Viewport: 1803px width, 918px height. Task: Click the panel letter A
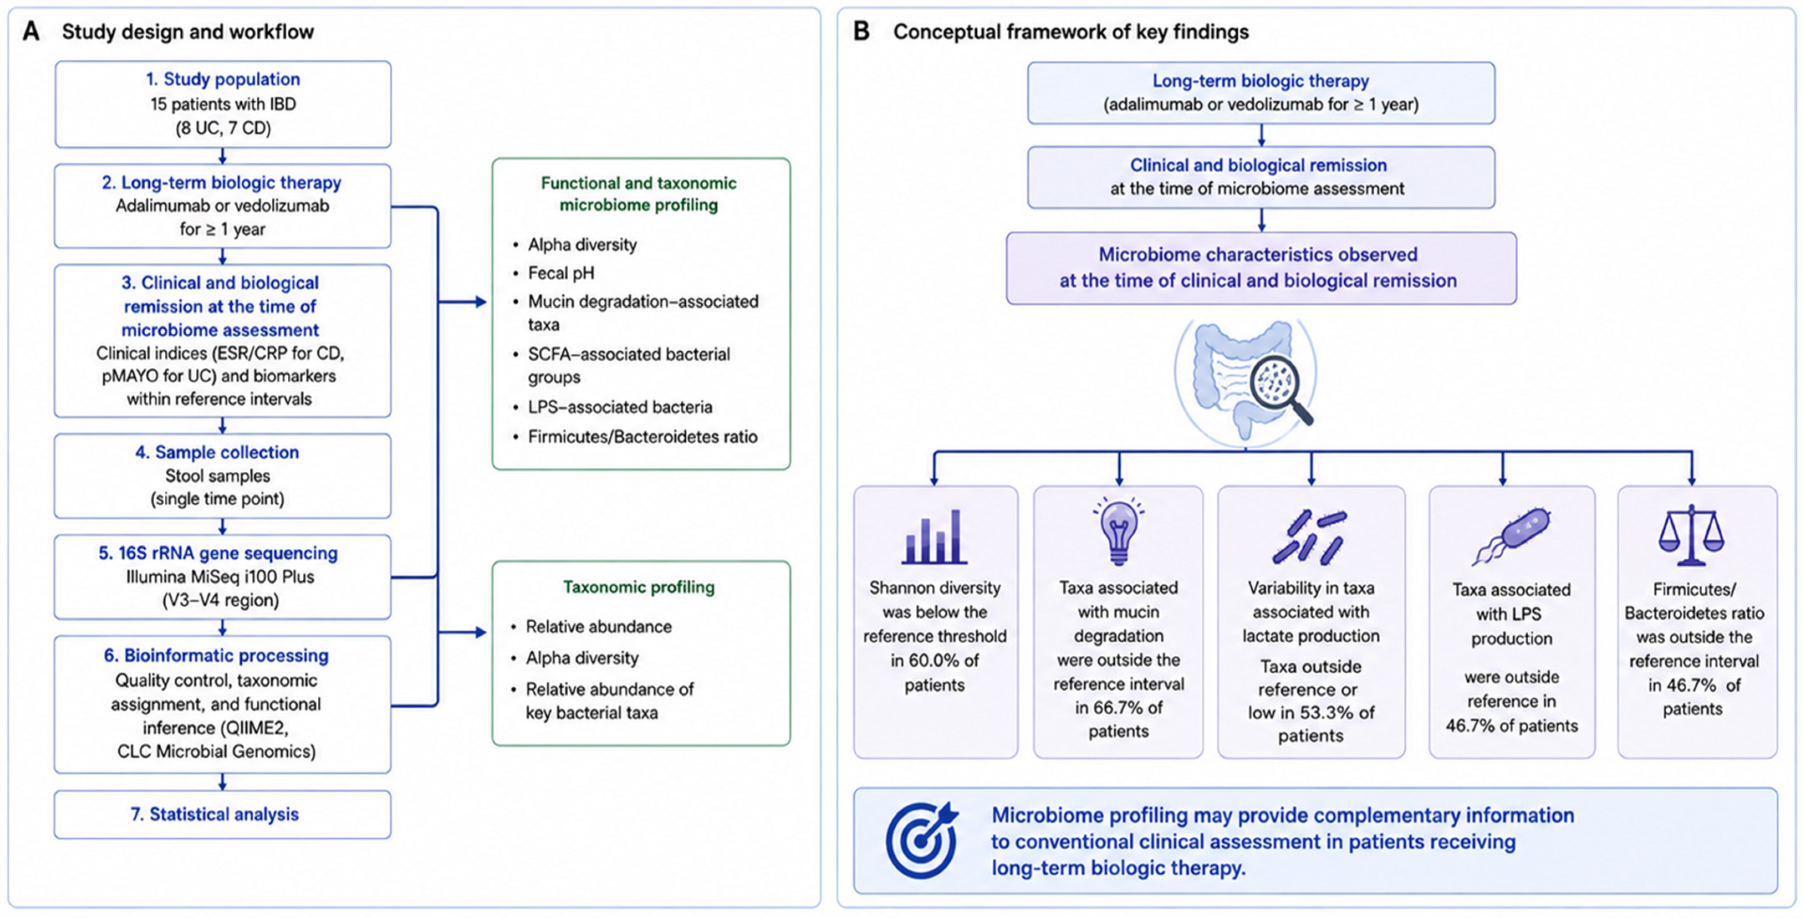(31, 31)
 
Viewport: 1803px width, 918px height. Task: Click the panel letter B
(861, 31)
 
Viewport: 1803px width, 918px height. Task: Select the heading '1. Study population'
(222, 79)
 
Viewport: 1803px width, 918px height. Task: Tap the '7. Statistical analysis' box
(222, 814)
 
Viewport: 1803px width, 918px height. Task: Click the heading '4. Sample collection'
(217, 453)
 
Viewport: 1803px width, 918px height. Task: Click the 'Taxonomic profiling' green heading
(639, 587)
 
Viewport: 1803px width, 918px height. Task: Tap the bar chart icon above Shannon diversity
(935, 537)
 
